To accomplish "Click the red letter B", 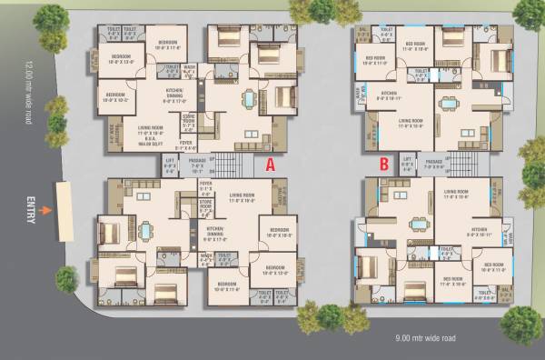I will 385,165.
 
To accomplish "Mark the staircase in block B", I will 461,165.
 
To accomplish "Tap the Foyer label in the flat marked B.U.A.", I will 185,144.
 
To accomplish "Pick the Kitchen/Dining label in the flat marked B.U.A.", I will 174,94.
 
